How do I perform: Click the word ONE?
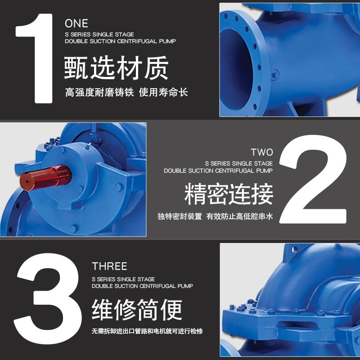tap(76, 23)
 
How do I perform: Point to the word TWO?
tap(261, 152)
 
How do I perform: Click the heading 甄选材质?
tap(116, 68)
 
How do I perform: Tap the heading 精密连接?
tap(229, 195)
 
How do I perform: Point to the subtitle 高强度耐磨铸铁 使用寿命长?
tap(126, 93)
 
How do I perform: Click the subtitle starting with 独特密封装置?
tap(215, 216)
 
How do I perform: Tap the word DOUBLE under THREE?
tap(103, 286)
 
